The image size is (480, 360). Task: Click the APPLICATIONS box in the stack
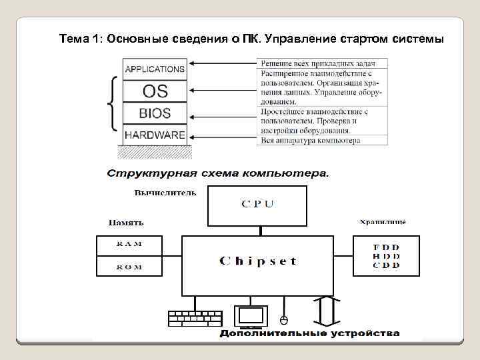point(155,69)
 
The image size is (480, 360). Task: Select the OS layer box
point(155,90)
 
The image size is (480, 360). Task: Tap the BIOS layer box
point(155,113)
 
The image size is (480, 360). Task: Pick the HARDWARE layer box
point(155,135)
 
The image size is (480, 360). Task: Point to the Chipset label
point(258,261)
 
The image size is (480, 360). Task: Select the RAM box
point(129,244)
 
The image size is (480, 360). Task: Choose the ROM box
point(129,266)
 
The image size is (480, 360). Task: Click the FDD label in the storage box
point(386,247)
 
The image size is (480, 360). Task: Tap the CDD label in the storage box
point(386,265)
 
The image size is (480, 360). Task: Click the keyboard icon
point(195,318)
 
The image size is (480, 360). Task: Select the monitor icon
point(251,316)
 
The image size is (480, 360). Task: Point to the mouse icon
point(283,319)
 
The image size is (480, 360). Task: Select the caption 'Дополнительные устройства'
point(311,333)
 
